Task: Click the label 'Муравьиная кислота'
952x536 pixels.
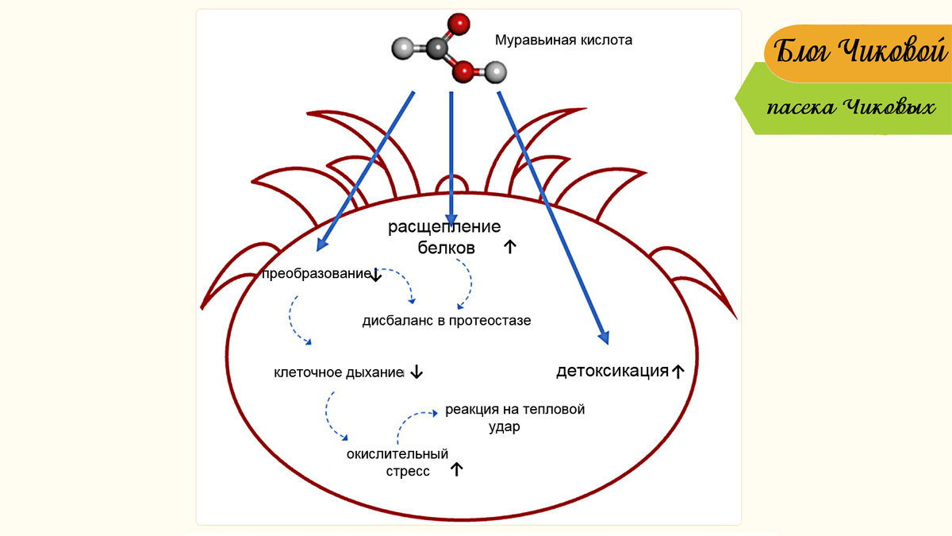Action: pyautogui.click(x=563, y=40)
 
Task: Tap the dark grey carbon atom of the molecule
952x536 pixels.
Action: pyautogui.click(x=437, y=49)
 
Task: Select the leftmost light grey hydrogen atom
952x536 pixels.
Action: pyautogui.click(x=404, y=51)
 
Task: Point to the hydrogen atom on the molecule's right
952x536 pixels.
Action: pyautogui.click(x=496, y=74)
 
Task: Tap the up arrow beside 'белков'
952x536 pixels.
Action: pyautogui.click(x=509, y=247)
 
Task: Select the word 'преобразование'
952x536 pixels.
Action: pyautogui.click(x=315, y=275)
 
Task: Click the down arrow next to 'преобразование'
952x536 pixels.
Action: pyautogui.click(x=376, y=275)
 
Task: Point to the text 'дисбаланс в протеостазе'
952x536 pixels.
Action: pyautogui.click(x=447, y=321)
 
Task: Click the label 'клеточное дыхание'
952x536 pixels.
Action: pyautogui.click(x=339, y=372)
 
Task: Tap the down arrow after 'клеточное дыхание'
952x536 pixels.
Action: pyautogui.click(x=417, y=372)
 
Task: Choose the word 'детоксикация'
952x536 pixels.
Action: pyautogui.click(x=612, y=371)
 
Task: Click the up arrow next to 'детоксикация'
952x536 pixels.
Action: pyautogui.click(x=678, y=371)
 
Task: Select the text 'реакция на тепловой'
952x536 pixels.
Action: pyautogui.click(x=515, y=410)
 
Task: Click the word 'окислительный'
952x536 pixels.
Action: pyautogui.click(x=397, y=454)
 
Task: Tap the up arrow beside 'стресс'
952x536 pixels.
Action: pyautogui.click(x=456, y=469)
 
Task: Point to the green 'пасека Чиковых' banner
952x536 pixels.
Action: pyautogui.click(x=849, y=107)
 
